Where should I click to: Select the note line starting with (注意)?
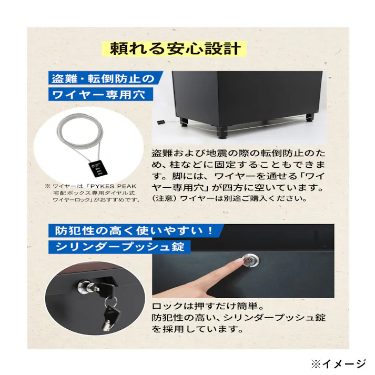(229, 199)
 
